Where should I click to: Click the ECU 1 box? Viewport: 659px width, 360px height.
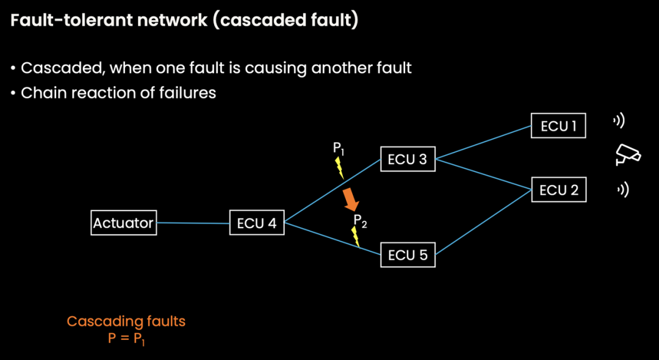tap(558, 126)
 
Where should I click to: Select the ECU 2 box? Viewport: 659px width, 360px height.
tap(558, 190)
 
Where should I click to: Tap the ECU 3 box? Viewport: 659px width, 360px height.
tap(407, 160)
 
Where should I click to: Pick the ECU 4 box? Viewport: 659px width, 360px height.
tap(256, 223)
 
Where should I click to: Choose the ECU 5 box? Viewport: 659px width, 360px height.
tap(408, 255)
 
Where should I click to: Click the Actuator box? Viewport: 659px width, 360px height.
tap(123, 223)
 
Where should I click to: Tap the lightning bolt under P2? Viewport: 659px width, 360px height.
tap(356, 236)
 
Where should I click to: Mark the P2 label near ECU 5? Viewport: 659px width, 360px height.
tap(360, 221)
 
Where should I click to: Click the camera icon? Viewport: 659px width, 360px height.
tap(627, 155)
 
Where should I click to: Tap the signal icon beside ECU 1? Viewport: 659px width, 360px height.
tap(619, 121)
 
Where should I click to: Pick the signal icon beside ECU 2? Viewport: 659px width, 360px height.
tap(622, 190)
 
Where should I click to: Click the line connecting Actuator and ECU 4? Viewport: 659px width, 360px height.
tap(193, 223)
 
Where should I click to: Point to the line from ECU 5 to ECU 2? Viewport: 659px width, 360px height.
tap(483, 223)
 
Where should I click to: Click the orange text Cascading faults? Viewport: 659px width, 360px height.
tap(126, 321)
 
